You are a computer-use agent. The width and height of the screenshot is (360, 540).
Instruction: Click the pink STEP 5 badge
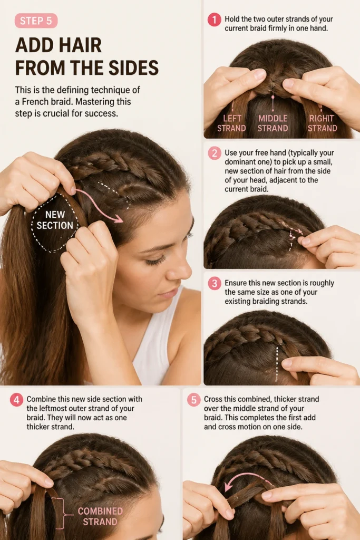36,21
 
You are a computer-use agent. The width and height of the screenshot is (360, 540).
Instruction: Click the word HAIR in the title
80,45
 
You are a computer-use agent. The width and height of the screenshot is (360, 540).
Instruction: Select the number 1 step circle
214,20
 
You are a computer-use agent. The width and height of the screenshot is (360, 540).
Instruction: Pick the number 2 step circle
214,153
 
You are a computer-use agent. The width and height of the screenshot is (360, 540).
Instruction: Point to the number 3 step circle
214,283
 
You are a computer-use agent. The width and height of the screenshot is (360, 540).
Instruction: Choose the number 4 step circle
16,400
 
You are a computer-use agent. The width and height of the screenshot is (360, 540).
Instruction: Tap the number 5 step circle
193,400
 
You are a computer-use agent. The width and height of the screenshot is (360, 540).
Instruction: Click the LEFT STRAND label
231,123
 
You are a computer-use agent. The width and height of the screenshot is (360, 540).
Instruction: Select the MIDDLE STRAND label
273,123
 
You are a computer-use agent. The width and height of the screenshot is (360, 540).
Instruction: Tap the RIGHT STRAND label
322,123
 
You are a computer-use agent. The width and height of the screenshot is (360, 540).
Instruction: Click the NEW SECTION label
55,220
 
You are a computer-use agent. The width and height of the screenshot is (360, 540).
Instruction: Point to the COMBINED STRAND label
100,516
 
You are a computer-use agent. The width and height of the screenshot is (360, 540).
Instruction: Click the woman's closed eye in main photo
157,261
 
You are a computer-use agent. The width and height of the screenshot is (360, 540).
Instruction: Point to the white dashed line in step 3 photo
277,364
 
